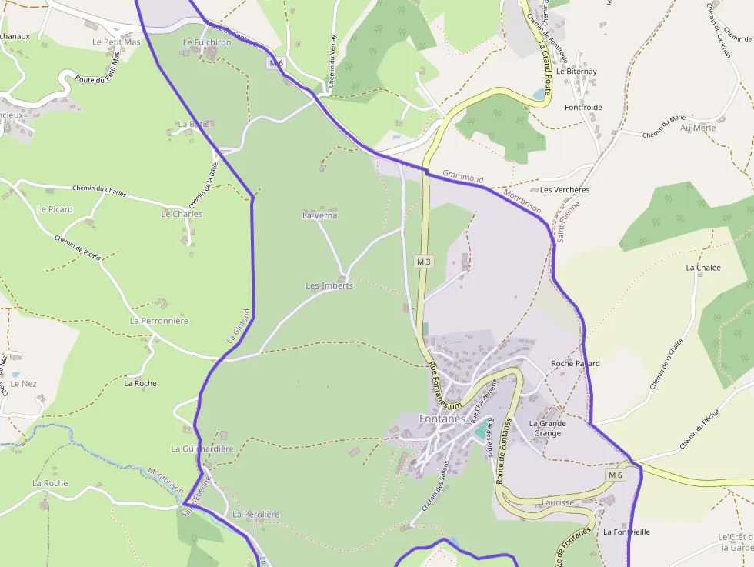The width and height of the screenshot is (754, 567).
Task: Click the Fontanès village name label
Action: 442,419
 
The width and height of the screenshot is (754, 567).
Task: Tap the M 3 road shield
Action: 424,262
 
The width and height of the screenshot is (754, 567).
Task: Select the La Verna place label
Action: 320,215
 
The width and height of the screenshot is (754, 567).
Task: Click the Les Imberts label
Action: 329,285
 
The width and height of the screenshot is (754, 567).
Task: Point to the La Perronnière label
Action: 159,321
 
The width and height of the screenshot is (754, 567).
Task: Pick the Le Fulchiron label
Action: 207,42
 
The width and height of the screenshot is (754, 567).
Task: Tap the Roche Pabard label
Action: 576,363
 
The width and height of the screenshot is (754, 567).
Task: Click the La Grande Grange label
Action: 547,429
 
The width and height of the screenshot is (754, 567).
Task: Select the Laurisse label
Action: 558,502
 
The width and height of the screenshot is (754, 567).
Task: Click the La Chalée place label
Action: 703,268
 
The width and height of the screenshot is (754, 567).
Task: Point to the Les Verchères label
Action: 565,189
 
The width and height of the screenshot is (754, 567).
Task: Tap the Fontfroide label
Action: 583,108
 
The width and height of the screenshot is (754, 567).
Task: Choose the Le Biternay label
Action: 576,72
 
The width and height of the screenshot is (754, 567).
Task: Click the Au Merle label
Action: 698,128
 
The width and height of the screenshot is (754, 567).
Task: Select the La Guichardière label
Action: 202,449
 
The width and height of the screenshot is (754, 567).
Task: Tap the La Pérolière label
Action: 255,514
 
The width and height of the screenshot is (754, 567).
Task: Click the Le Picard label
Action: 55,209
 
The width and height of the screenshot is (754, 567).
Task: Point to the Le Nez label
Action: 24,383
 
